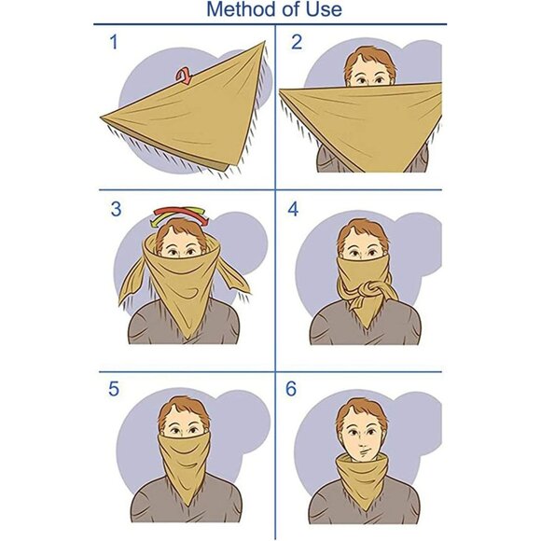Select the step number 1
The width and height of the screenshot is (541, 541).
coord(114,42)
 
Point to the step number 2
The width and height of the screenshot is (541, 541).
coord(297,42)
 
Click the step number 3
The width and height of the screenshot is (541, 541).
coord(117,209)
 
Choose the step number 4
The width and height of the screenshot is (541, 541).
coord(293,209)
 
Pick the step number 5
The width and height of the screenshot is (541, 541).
coord(114,389)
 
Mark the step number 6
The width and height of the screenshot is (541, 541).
coord(291,389)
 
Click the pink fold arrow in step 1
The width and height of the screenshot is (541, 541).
coord(184,76)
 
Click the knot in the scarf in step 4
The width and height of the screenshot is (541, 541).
coord(368,288)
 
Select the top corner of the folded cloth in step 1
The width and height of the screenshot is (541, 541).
coord(265,41)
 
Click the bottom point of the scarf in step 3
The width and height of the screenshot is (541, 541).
coord(188,339)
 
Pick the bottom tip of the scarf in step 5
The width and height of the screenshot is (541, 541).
coord(187,506)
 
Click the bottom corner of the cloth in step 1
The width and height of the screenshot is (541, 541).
coord(225,171)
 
